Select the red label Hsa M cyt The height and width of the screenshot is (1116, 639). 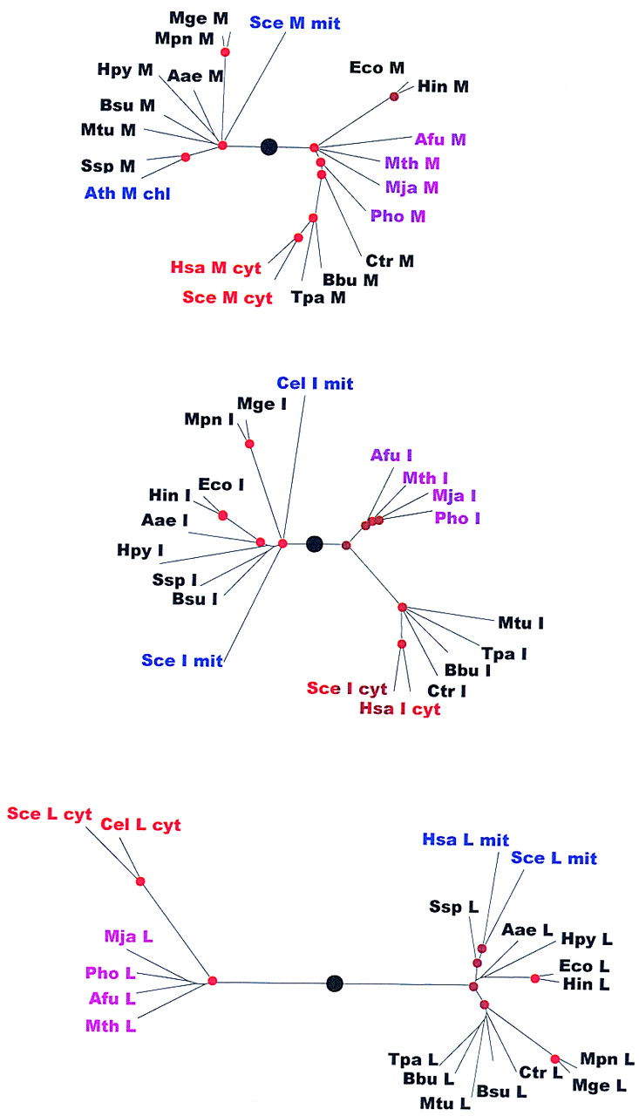tap(215, 268)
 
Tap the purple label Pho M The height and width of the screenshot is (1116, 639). tap(398, 215)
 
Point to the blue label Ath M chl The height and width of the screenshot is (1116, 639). tap(127, 193)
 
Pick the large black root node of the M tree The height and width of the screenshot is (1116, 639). tap(269, 146)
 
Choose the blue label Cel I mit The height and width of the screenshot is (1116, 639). tap(315, 383)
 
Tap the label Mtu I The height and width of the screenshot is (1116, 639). tap(521, 623)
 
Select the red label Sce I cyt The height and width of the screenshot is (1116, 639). tap(346, 688)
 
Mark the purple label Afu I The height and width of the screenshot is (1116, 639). tap(391, 454)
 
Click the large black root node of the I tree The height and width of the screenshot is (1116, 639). tap(315, 543)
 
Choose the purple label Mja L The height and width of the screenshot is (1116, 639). tap(128, 937)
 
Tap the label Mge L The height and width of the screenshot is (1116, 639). tap(599, 1085)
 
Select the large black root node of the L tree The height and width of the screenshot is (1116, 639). tap(333, 983)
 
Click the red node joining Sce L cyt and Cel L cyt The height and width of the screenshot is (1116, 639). tap(140, 881)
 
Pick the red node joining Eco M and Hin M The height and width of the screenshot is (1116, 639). tap(394, 96)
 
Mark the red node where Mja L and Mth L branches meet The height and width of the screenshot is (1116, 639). tap(212, 982)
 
